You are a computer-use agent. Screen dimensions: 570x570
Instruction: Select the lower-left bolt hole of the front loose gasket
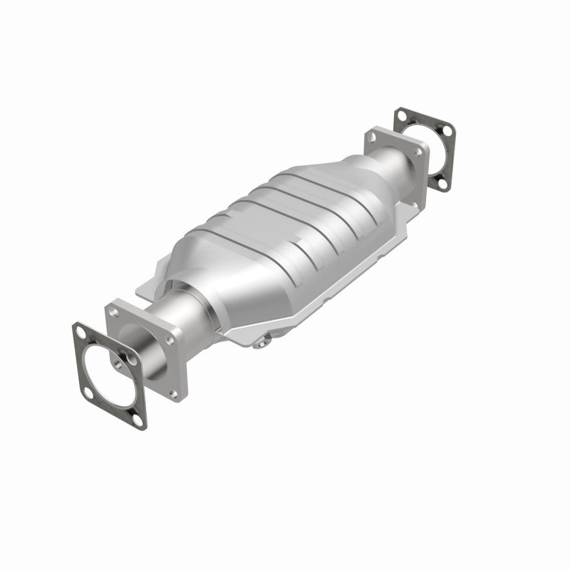88,393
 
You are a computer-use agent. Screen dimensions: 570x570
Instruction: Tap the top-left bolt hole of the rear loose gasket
402,115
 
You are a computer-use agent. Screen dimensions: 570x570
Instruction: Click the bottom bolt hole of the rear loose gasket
442,184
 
